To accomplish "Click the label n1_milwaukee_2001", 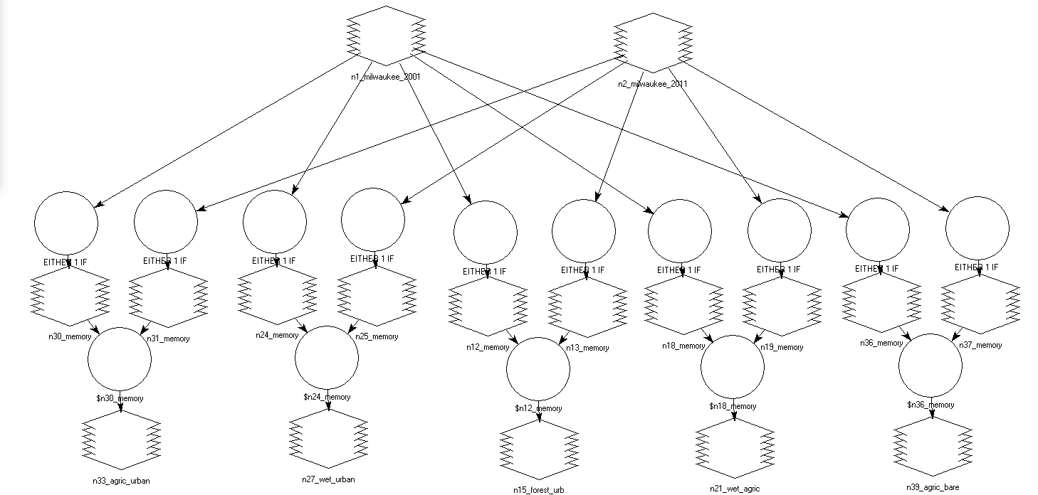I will pos(386,77).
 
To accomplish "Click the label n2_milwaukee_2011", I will pos(653,84).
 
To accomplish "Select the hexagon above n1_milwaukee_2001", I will pos(386,36).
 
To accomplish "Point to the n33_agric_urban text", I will pos(121,481).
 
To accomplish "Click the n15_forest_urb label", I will pos(539,490).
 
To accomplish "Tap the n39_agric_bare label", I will pos(933,487).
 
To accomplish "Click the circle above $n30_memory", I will pos(120,359).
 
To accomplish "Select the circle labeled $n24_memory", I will pos(327,357).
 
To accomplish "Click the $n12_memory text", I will pos(538,408).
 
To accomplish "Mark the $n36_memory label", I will pos(930,405).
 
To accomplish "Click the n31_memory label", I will pos(169,339).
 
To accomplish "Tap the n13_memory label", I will pos(587,348).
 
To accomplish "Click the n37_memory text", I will pos(980,345).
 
